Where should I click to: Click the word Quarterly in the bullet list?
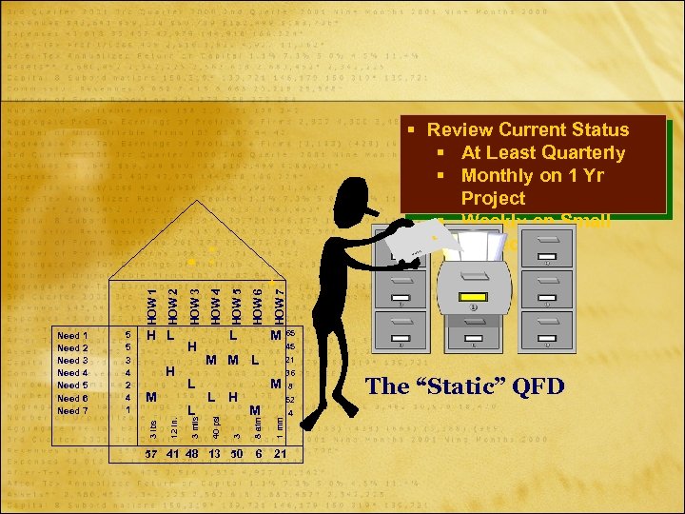(x=581, y=152)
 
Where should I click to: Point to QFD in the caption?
(x=537, y=385)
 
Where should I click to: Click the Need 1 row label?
(x=73, y=335)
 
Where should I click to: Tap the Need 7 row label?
(x=73, y=410)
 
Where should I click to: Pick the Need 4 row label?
(x=73, y=373)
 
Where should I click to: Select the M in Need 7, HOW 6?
(x=255, y=410)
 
